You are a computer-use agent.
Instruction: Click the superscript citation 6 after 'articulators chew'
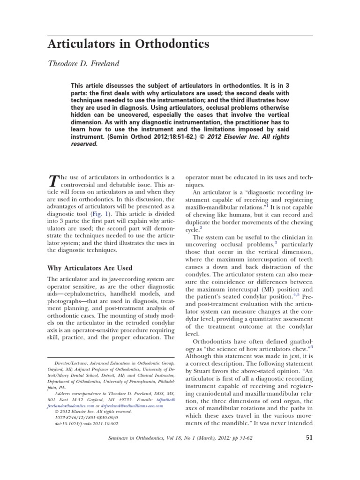311,346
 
